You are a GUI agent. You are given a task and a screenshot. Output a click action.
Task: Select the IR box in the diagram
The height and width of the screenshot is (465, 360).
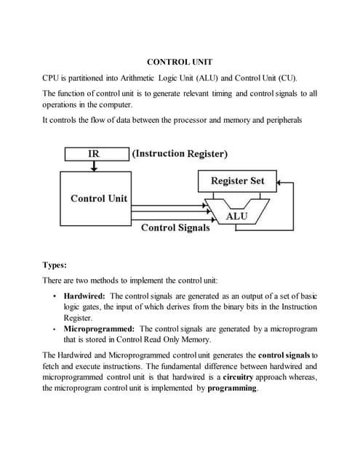(94, 153)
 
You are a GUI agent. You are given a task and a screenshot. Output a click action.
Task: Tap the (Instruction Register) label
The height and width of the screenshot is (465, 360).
(180, 153)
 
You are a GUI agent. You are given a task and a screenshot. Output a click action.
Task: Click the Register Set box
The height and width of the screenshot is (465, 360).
(237, 180)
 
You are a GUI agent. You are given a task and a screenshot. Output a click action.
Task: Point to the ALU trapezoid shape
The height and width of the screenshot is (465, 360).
(237, 212)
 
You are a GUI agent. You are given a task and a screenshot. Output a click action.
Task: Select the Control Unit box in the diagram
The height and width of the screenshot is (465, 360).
(98, 198)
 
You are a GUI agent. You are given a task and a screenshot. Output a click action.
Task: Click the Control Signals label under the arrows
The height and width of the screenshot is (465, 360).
(175, 227)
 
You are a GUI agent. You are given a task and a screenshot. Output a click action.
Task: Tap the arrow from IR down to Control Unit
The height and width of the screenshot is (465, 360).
(94, 167)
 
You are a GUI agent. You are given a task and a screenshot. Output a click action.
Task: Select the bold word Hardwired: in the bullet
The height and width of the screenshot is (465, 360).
(84, 296)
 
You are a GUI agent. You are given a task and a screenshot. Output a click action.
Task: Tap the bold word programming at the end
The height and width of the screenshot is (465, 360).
(232, 389)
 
